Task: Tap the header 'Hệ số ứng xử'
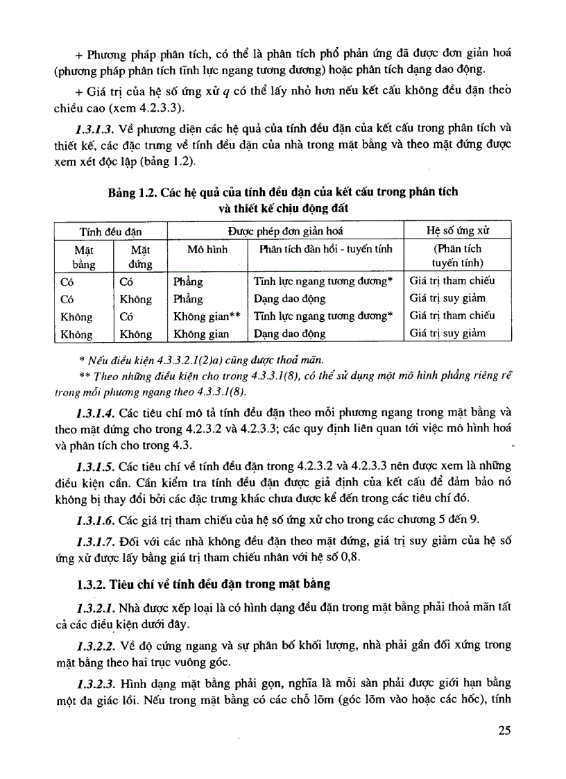458,230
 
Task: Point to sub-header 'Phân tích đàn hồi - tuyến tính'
325,248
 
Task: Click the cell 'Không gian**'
206,316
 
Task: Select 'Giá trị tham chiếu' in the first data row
452,281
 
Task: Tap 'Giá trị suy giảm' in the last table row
447,333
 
